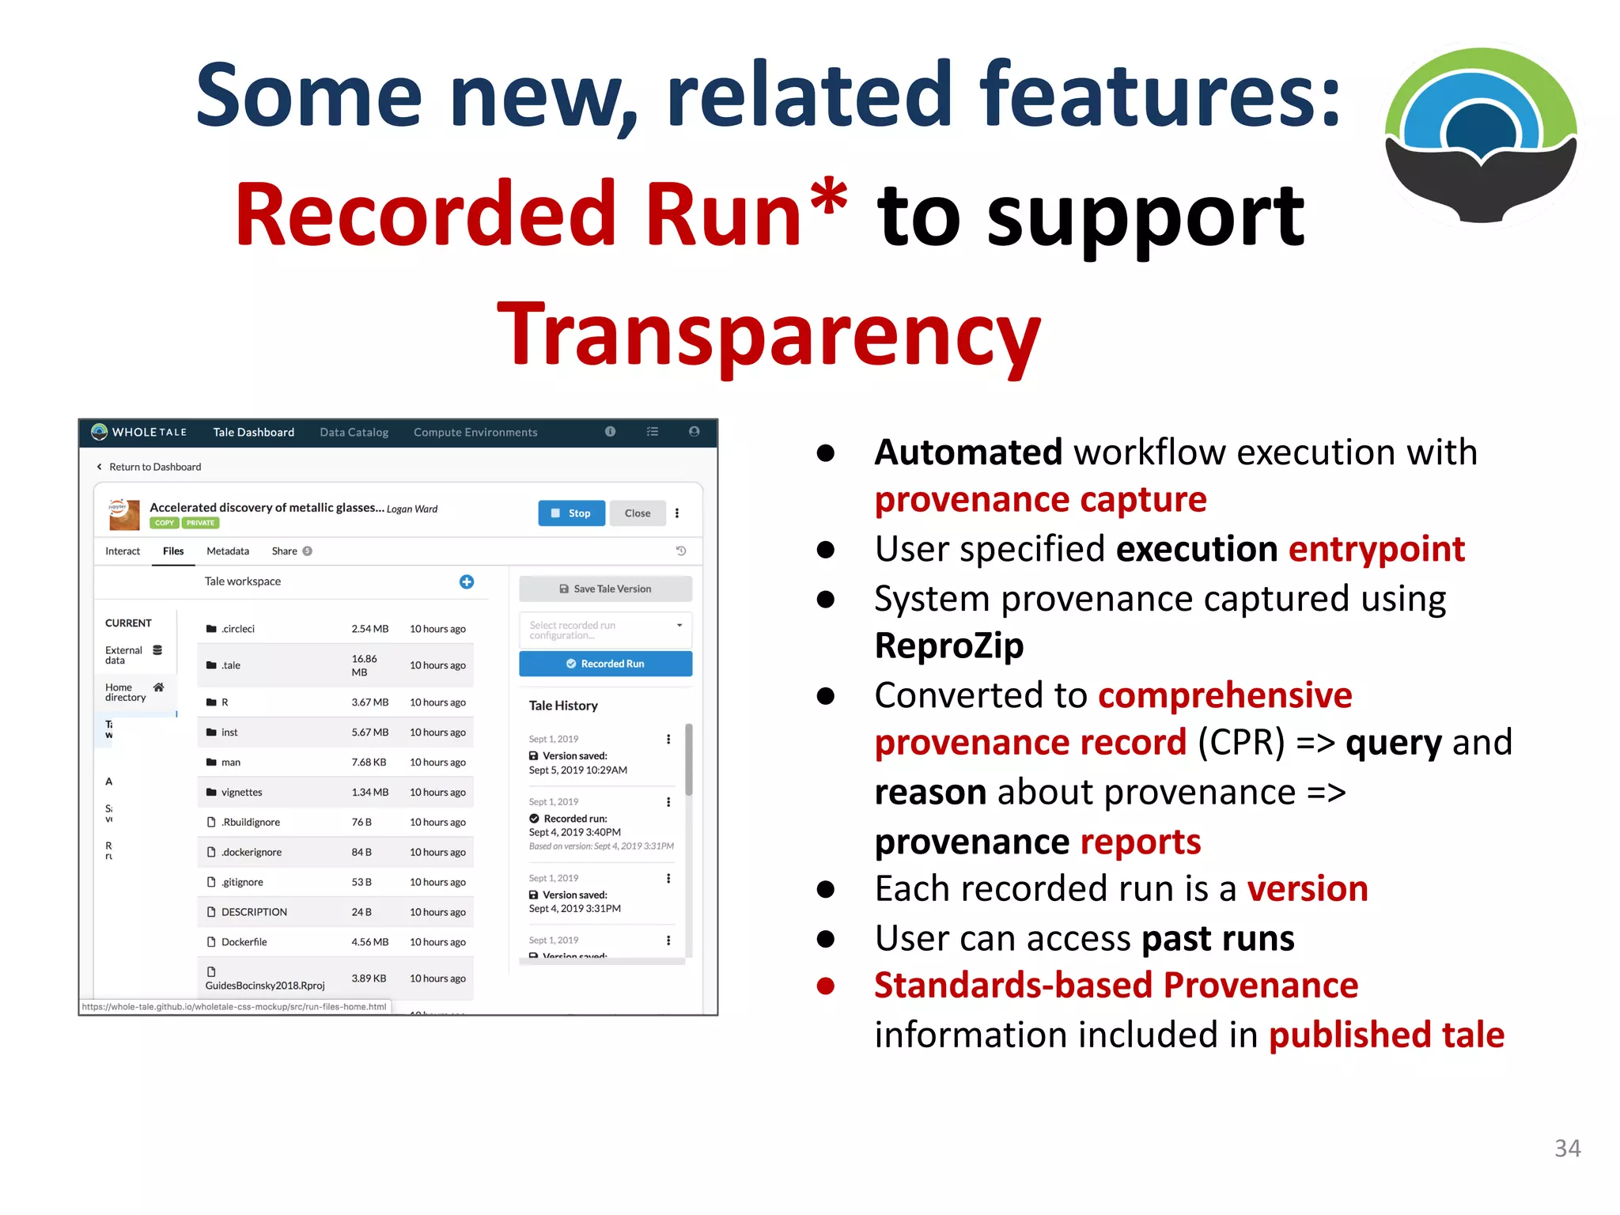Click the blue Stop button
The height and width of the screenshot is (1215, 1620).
(x=571, y=513)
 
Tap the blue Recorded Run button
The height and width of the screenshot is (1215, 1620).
(x=605, y=664)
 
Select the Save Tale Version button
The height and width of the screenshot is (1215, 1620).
(x=605, y=589)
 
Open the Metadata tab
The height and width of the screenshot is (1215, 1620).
(x=228, y=551)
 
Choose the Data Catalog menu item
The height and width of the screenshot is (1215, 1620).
(x=354, y=432)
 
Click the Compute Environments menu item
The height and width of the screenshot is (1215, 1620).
(x=475, y=432)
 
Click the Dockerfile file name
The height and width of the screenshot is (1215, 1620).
(x=244, y=942)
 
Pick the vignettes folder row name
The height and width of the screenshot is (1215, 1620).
(x=241, y=792)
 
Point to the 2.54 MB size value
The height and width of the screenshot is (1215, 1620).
(x=369, y=629)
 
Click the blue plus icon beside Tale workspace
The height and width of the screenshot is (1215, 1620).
(x=467, y=581)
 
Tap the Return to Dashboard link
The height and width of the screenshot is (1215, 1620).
(x=154, y=467)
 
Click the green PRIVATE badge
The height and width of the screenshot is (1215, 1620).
(x=200, y=523)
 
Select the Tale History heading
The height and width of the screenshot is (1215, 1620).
(x=563, y=706)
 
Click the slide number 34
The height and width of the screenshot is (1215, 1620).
(x=1567, y=1148)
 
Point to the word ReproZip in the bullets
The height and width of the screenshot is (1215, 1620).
(x=948, y=645)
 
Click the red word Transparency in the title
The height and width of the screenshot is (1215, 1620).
(x=769, y=335)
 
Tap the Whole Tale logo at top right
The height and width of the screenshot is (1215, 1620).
(x=1481, y=134)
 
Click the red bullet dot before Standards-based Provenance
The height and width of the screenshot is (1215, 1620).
(x=826, y=986)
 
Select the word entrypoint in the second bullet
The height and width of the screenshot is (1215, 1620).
(x=1376, y=549)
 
